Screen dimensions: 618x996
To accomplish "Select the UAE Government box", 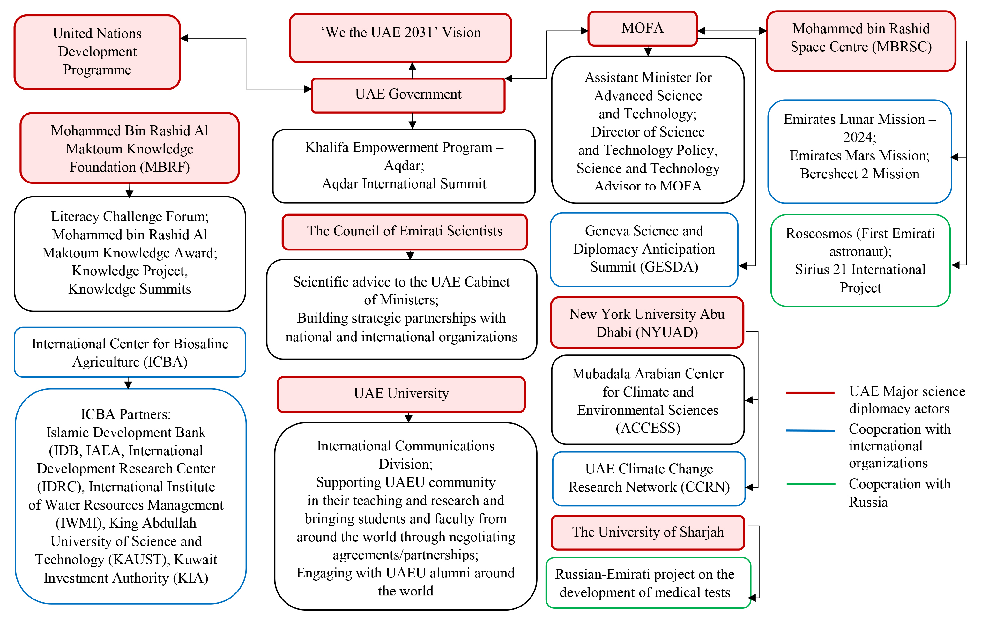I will coord(408,94).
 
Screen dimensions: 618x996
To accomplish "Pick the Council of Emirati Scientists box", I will coord(404,231).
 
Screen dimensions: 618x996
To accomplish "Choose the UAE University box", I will coord(401,394).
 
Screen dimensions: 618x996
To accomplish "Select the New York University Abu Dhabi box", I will coord(647,323).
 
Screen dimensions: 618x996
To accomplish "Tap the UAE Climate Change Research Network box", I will coord(649,478).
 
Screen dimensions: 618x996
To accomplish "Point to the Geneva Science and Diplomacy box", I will coord(644,249).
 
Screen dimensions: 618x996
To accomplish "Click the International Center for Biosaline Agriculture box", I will coord(130,352).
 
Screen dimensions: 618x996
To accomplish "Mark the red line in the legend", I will coord(810,392).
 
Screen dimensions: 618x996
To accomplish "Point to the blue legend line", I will coord(810,430).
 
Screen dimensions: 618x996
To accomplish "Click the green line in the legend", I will coord(810,484).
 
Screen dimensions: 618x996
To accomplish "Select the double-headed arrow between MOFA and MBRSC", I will coord(732,31).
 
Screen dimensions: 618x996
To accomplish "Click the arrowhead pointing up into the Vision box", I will coord(413,66).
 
